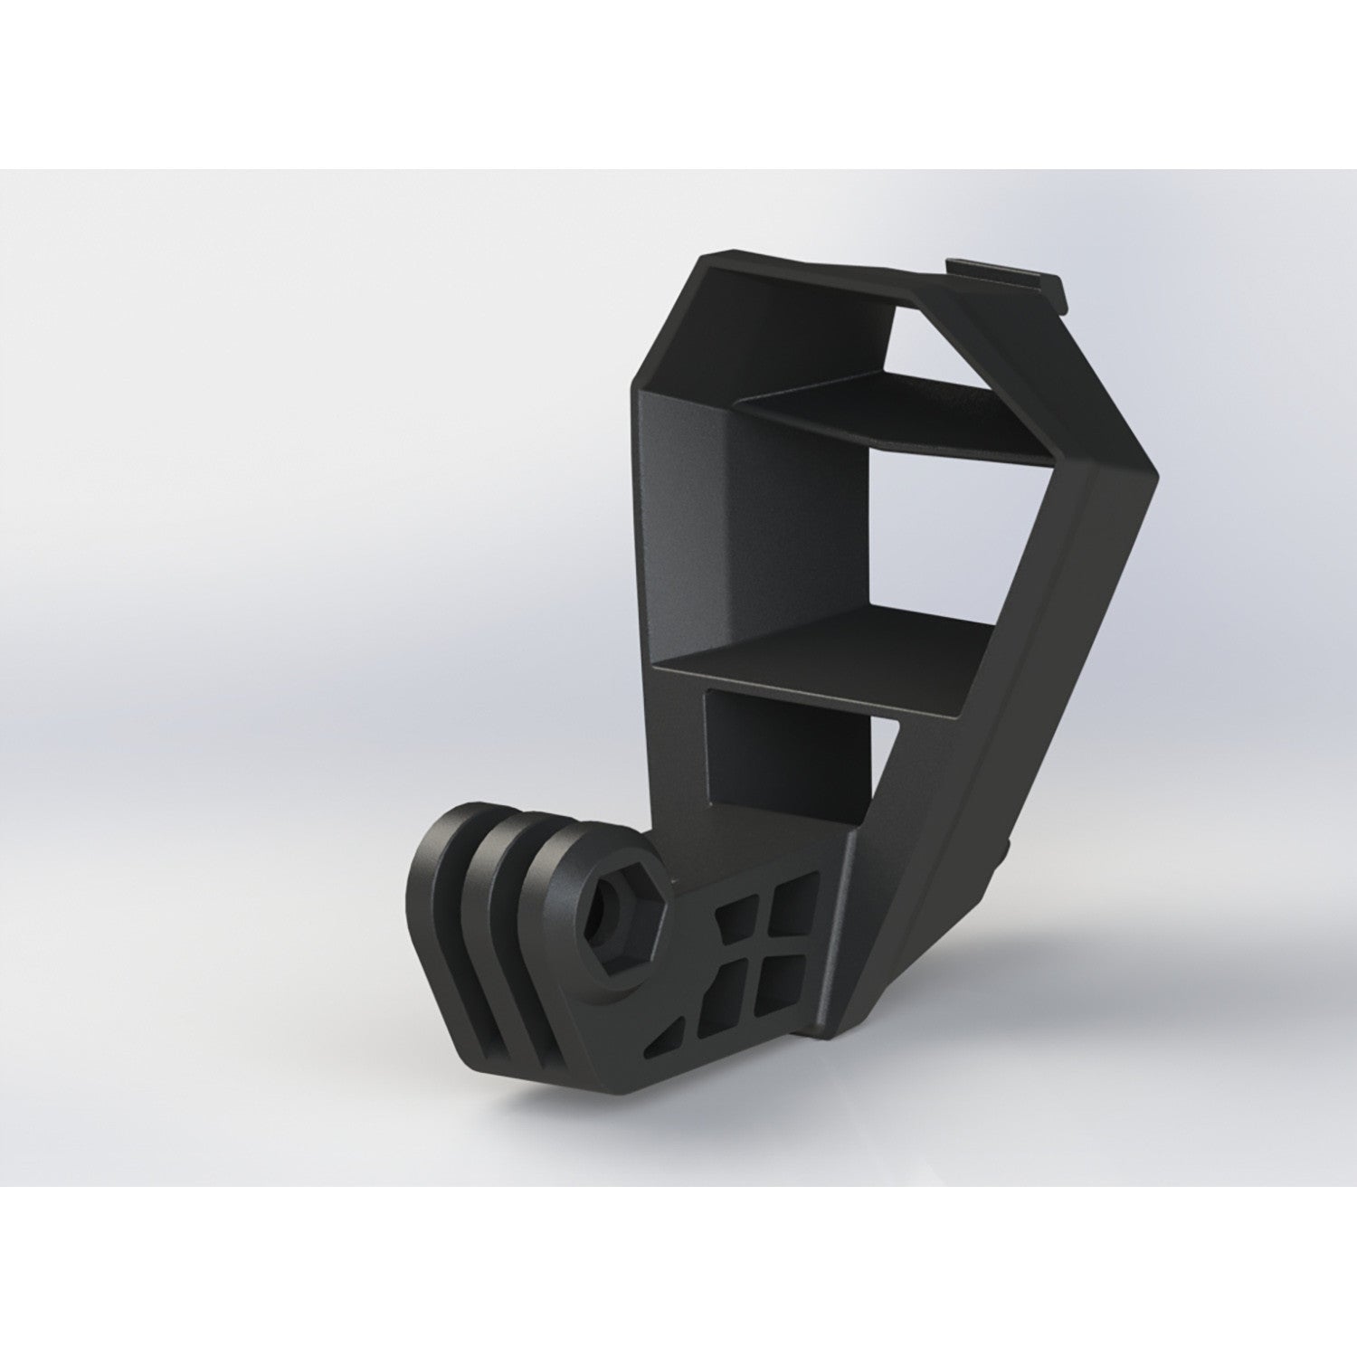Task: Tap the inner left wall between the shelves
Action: coord(688,525)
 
